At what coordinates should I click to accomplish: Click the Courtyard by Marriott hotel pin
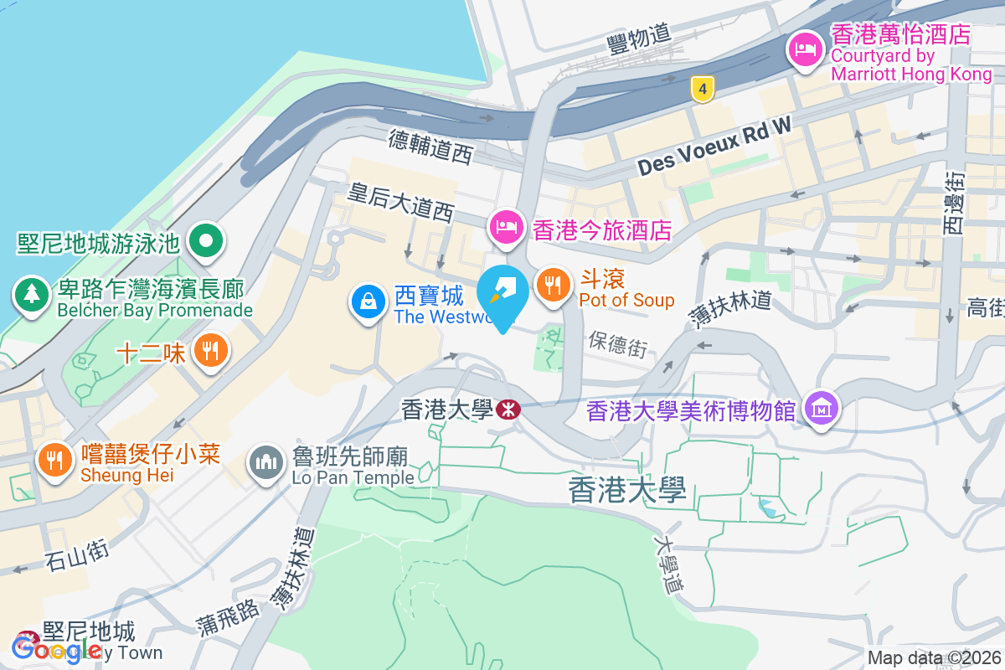click(x=805, y=49)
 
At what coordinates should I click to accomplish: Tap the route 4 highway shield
click(x=703, y=87)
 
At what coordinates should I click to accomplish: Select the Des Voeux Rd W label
click(x=714, y=149)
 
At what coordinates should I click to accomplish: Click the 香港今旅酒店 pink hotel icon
click(x=506, y=227)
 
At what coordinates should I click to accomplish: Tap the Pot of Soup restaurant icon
click(x=552, y=286)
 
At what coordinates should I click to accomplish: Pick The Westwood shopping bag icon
click(x=368, y=302)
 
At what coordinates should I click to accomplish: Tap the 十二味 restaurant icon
click(x=210, y=349)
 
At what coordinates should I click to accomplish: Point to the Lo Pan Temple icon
click(x=267, y=462)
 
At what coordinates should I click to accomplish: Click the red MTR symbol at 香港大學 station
click(x=507, y=410)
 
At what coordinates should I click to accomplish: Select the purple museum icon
click(x=821, y=409)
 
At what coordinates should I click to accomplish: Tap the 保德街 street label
click(x=618, y=343)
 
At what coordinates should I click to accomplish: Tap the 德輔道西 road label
click(x=430, y=145)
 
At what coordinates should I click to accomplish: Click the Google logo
click(x=57, y=649)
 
